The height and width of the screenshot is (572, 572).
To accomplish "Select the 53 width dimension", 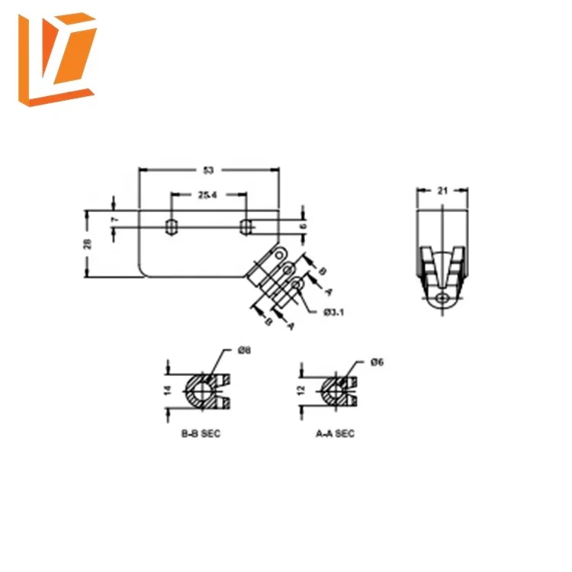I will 207,170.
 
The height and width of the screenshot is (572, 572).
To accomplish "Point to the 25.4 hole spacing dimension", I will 207,195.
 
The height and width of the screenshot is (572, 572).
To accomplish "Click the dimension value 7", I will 114,220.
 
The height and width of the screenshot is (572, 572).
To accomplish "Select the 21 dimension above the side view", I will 442,191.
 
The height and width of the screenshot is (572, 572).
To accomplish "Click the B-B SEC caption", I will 200,433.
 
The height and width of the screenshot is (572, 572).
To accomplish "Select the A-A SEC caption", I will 335,433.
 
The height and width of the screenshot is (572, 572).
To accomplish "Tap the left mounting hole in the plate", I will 172,226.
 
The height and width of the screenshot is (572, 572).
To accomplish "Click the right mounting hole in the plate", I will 246,226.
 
